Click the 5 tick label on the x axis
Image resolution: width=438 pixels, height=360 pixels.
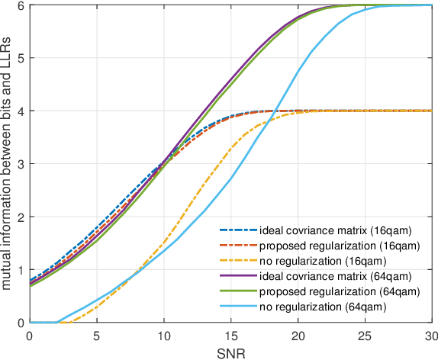[97, 335]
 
